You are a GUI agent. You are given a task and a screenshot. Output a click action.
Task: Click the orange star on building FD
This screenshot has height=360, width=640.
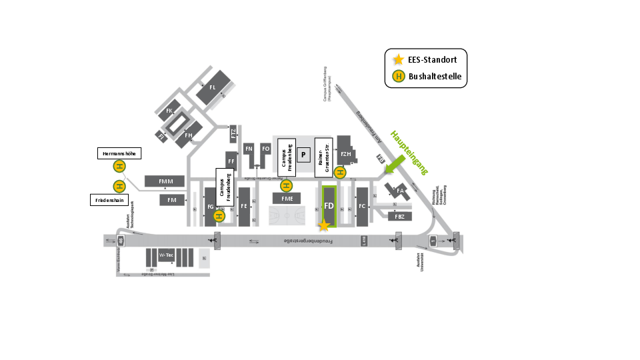pos(324,225)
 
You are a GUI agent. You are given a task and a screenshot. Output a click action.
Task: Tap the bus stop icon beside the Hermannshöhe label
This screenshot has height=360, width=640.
pos(119,167)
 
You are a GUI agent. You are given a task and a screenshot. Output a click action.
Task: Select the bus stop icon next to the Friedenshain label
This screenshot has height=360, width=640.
pos(119,187)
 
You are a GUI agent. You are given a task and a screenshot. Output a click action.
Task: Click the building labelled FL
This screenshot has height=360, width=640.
pos(213,88)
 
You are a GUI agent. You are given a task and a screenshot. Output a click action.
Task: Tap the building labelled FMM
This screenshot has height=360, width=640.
pos(165,181)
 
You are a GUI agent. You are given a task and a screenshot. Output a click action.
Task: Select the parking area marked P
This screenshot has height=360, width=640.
pos(303,155)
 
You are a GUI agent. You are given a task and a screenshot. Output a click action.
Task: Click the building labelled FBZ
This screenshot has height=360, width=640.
pos(400,217)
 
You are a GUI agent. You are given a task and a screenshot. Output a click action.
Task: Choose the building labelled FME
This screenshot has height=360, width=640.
pos(287,199)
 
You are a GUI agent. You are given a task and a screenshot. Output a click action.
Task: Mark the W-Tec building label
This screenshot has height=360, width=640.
pos(165,255)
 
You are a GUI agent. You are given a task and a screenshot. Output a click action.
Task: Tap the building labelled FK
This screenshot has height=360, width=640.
pos(169,111)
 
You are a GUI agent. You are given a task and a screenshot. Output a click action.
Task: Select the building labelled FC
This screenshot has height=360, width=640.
pos(362,207)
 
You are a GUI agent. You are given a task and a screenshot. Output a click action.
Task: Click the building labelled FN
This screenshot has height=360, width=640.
pos(249,148)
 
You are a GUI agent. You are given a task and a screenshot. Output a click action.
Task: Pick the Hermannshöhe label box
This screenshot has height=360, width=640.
pos(119,153)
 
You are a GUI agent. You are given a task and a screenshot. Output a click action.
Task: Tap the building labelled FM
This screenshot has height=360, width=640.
pos(172,200)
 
